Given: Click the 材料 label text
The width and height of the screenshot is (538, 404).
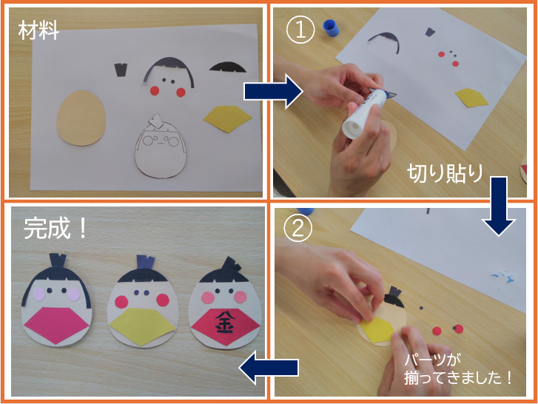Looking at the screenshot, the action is (x=38, y=30).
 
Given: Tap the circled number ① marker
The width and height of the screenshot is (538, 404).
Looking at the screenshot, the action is (x=300, y=30).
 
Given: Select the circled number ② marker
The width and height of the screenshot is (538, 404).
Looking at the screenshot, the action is (x=297, y=228).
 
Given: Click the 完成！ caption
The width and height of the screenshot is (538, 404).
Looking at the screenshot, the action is (x=55, y=229).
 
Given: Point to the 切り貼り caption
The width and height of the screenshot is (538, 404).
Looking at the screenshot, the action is (x=445, y=173).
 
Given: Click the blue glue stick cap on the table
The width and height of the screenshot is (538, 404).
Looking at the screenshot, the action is (x=331, y=27).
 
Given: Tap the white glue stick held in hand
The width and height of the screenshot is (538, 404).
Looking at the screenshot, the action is (x=363, y=113).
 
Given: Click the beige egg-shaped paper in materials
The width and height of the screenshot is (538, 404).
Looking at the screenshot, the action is (x=81, y=118).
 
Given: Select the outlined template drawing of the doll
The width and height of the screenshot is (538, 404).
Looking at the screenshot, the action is (x=161, y=146).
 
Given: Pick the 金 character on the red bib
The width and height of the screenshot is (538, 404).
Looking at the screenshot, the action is (x=223, y=322).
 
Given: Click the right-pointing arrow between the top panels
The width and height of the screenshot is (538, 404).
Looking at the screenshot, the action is (x=274, y=92).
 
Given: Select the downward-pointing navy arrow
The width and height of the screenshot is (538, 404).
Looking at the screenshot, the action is (x=499, y=206).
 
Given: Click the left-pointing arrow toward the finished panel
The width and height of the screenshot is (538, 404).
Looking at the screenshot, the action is (x=269, y=368).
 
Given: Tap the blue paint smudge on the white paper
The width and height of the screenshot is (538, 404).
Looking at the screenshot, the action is (x=503, y=277).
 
